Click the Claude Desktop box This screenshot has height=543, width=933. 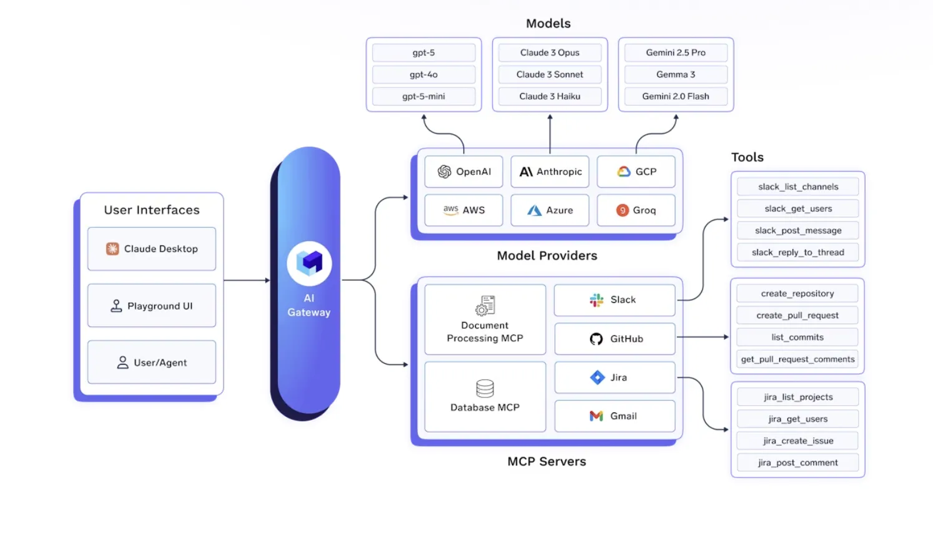152,249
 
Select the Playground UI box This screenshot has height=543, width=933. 152,306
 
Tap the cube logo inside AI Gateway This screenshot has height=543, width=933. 309,263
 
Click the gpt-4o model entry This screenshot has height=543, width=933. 423,75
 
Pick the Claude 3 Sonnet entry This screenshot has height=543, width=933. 550,75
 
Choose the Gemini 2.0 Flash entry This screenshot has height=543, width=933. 676,97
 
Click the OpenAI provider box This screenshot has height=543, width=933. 463,172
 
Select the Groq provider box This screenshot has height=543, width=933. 636,210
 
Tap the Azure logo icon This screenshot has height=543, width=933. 534,211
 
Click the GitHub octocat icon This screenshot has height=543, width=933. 596,339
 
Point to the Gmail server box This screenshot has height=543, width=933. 615,416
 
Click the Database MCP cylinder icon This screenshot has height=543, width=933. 485,388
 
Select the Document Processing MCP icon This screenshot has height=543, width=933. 485,306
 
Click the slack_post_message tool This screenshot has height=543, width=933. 797,231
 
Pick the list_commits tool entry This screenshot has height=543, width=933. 797,338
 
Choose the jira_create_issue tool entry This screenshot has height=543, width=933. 797,441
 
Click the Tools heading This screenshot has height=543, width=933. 748,157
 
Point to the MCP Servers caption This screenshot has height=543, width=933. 546,462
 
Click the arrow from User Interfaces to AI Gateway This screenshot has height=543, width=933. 247,280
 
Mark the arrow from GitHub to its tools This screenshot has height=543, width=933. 703,337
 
